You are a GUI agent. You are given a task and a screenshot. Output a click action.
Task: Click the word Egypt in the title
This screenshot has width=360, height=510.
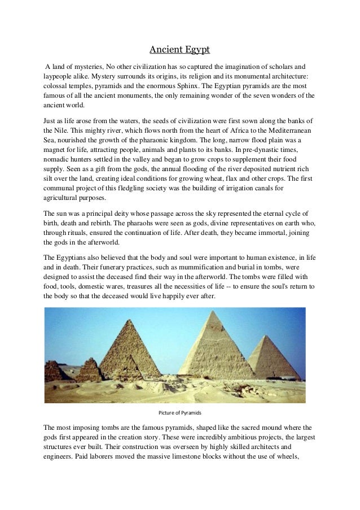(x=195, y=50)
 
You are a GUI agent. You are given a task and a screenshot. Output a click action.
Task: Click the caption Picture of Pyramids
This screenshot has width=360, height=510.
(x=180, y=411)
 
